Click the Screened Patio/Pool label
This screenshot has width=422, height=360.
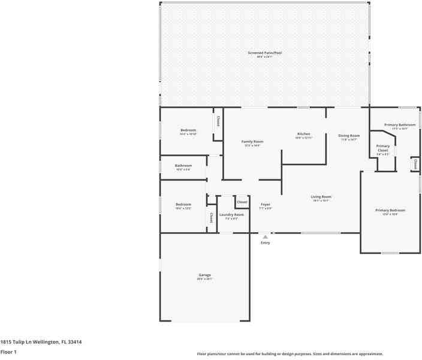pyautogui.click(x=264, y=53)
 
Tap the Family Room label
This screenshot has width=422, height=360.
pyautogui.click(x=252, y=142)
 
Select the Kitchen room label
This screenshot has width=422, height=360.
pyautogui.click(x=304, y=134)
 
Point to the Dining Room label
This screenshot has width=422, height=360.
pyautogui.click(x=348, y=136)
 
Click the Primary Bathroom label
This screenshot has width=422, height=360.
pyautogui.click(x=403, y=125)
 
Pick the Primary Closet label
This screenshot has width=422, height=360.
pyautogui.click(x=382, y=148)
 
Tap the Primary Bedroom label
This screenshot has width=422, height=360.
pyautogui.click(x=390, y=211)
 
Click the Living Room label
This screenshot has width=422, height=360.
pyautogui.click(x=321, y=197)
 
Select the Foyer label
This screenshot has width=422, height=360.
pyautogui.click(x=265, y=205)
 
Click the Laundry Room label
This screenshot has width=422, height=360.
pyautogui.click(x=231, y=215)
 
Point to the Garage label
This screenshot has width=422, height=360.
pyautogui.click(x=204, y=275)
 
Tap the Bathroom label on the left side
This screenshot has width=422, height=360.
pyautogui.click(x=183, y=166)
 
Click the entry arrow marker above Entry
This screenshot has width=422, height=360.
pyautogui.click(x=265, y=237)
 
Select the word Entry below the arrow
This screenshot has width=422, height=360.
pyautogui.click(x=265, y=243)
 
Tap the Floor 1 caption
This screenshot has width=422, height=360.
pyautogui.click(x=8, y=352)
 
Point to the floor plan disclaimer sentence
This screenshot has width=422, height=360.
pyautogui.click(x=290, y=354)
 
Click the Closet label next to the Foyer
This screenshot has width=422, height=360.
pyautogui.click(x=242, y=202)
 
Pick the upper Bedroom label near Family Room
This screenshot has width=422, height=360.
pyautogui.click(x=188, y=130)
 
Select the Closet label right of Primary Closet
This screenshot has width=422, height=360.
pyautogui.click(x=415, y=163)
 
